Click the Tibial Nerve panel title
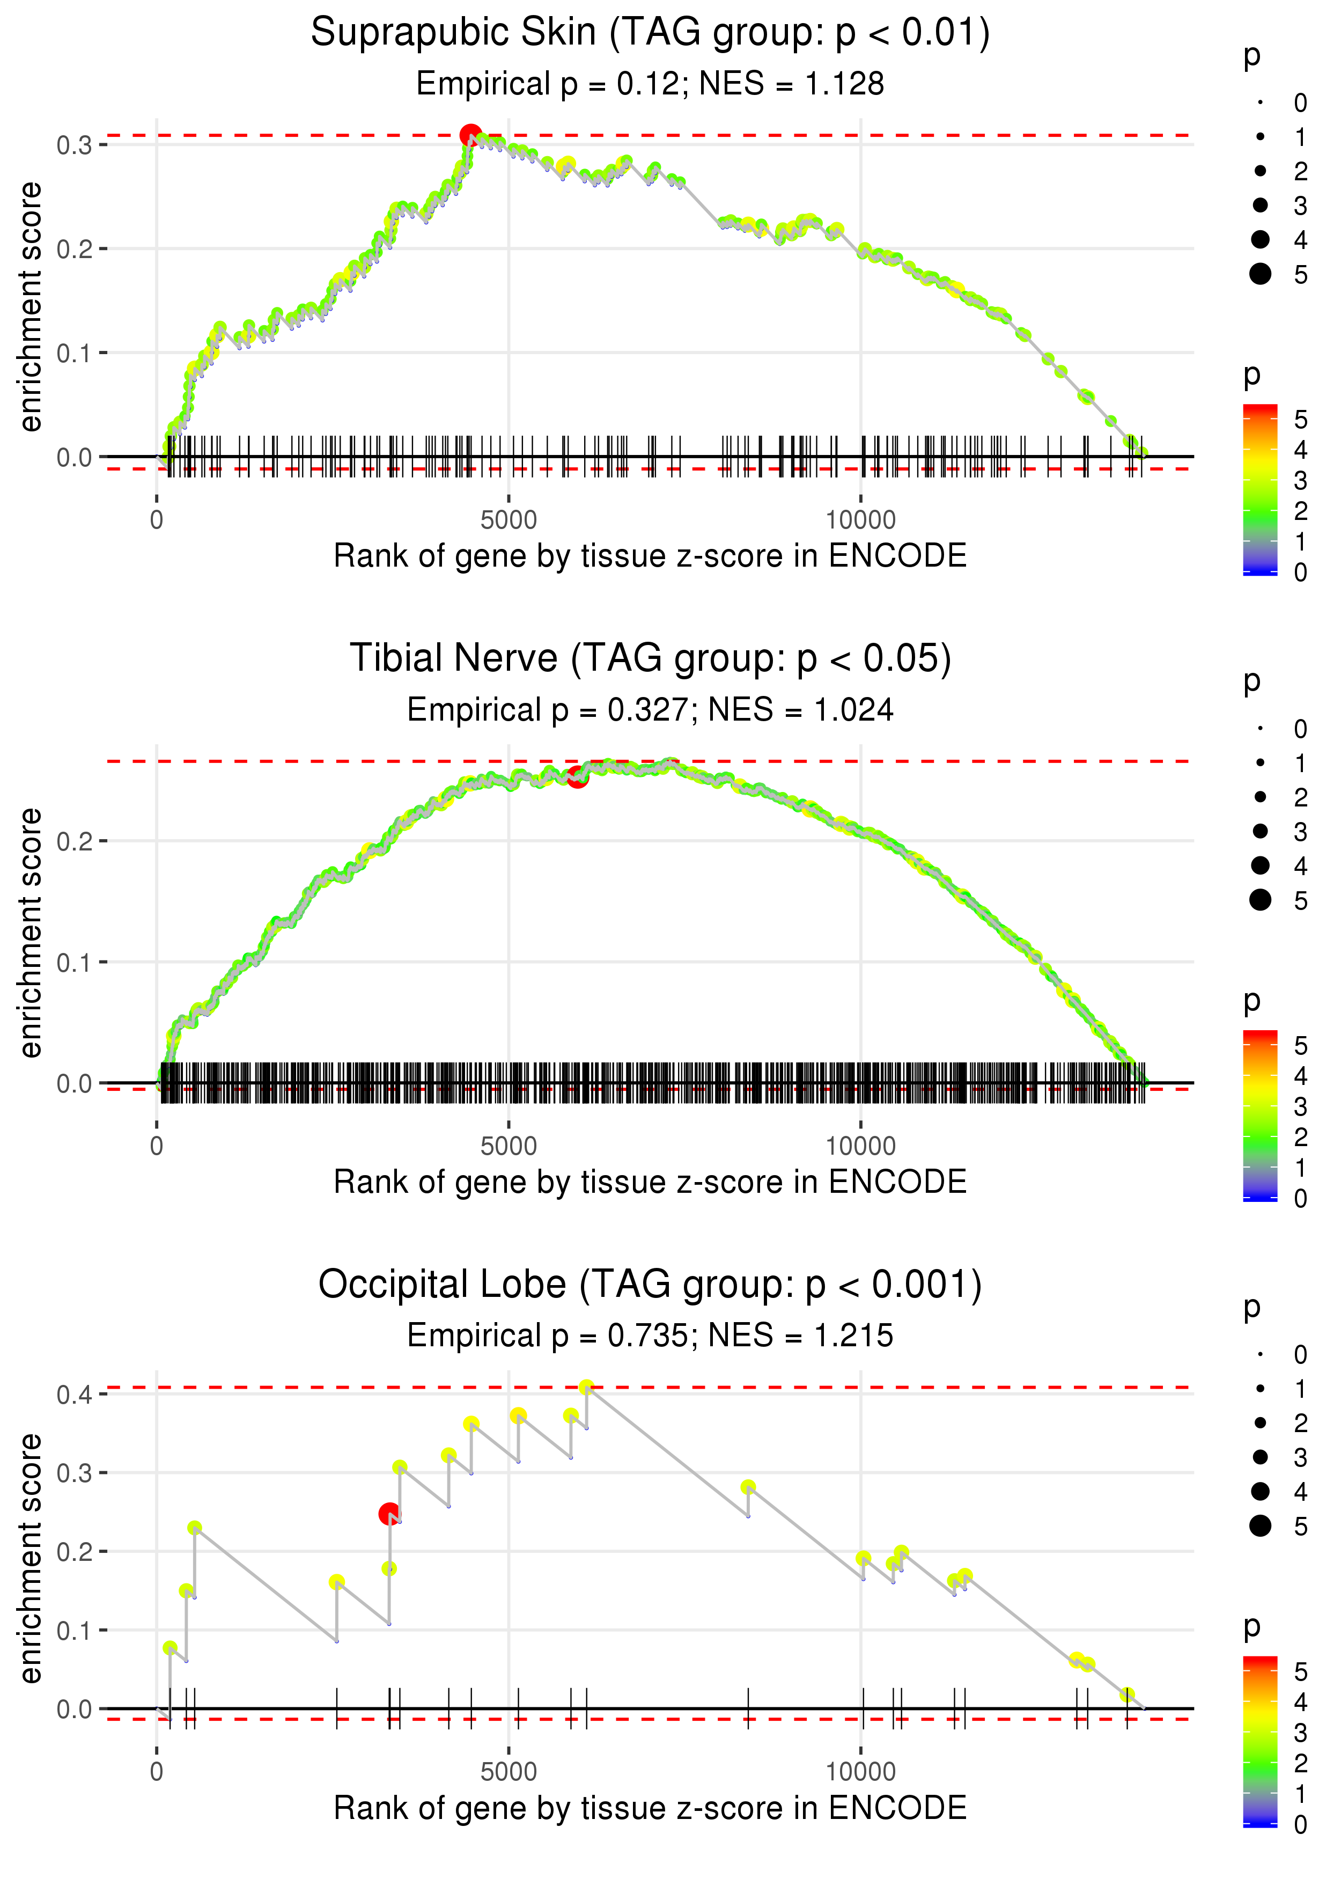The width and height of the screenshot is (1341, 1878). [650, 659]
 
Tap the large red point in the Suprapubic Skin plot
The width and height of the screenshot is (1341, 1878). [470, 135]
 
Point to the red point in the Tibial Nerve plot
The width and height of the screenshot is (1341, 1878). [577, 776]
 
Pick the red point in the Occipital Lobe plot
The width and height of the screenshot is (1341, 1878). [389, 1514]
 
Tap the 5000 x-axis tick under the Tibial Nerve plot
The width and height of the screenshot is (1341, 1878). [508, 1146]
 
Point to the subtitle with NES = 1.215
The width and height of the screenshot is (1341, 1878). [650, 1336]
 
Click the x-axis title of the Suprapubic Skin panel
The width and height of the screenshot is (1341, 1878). [650, 556]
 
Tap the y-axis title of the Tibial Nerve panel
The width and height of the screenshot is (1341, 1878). [31, 933]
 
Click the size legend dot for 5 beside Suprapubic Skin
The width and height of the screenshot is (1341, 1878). [1260, 273]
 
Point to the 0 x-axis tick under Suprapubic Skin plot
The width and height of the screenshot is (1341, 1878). [157, 520]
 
